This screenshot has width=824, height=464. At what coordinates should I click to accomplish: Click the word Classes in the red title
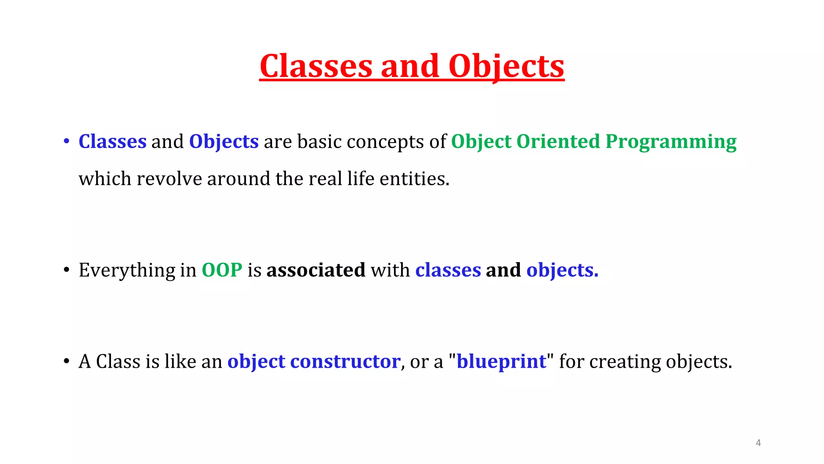(x=316, y=66)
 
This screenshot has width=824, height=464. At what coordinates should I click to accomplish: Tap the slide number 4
(x=758, y=443)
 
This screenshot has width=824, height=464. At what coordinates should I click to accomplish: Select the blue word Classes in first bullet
(x=112, y=142)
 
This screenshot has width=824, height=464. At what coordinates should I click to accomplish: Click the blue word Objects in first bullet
(x=224, y=142)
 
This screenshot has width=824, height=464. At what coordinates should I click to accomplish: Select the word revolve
(x=169, y=179)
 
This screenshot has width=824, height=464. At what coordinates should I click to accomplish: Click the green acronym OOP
(x=222, y=270)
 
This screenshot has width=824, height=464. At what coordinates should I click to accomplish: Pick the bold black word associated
(x=316, y=270)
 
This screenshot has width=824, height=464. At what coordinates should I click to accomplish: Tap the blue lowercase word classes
(x=448, y=270)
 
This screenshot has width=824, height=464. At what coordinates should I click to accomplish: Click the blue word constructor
(x=345, y=361)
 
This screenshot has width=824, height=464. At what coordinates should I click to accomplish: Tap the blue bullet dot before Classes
(x=66, y=141)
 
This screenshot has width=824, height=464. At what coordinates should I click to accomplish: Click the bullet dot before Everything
(x=66, y=270)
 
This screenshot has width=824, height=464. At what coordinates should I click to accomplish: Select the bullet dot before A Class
(x=66, y=361)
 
